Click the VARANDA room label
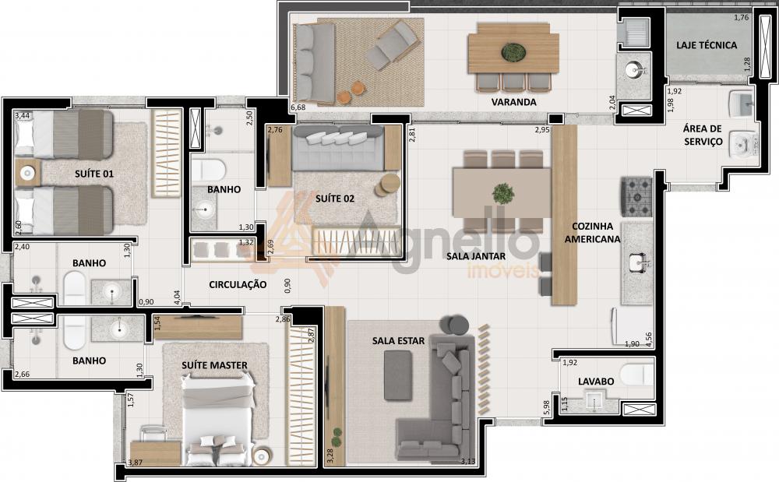[x=513, y=102]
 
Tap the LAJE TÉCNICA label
[x=707, y=45]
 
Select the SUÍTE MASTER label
[x=214, y=365]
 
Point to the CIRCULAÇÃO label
[x=238, y=285]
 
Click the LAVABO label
[x=596, y=382]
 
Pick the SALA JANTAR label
[x=475, y=256]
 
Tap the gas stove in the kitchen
[x=636, y=197]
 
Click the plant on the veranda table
[x=513, y=51]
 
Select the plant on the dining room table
[x=503, y=194]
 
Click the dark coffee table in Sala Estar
[x=398, y=375]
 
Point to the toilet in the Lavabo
[x=636, y=375]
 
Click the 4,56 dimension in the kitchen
[x=648, y=339]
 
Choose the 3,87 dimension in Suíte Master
[x=135, y=463]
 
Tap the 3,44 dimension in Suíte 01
[x=22, y=116]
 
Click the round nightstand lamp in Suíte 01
[x=27, y=173]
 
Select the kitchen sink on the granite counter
[x=637, y=262]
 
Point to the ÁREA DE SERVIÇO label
[x=703, y=135]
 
